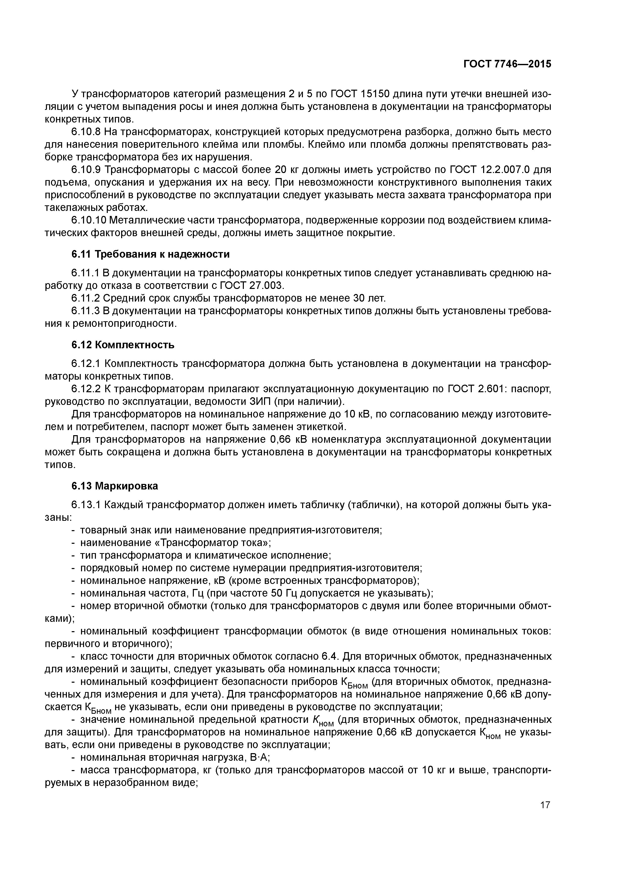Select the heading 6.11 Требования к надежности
click(150, 254)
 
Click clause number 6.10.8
click(86, 132)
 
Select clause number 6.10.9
click(86, 170)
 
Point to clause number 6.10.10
click(89, 220)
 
